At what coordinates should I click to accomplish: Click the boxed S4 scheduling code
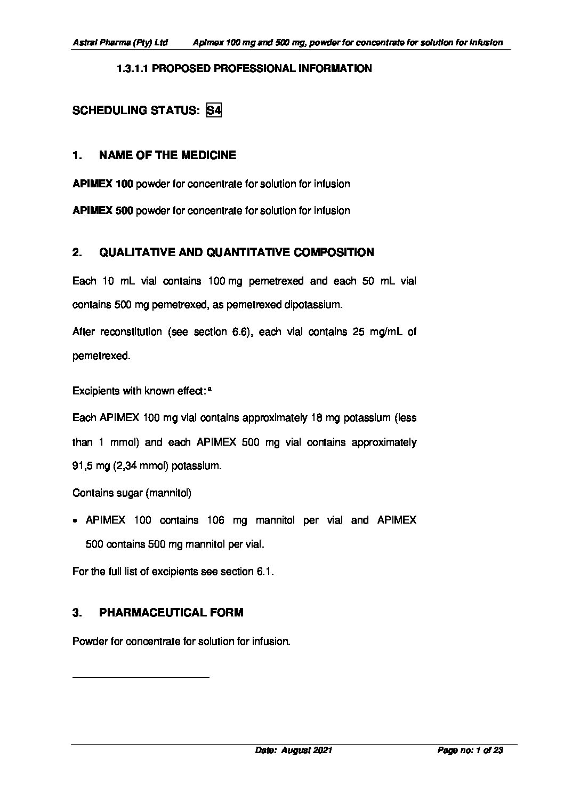(214, 110)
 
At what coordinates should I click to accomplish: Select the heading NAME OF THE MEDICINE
(167, 155)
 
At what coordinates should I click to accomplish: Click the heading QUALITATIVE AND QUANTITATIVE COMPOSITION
(236, 252)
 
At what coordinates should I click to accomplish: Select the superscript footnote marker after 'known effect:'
(210, 390)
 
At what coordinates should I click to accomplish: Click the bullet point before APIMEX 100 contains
(76, 521)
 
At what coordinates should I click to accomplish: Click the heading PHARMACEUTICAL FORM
(171, 613)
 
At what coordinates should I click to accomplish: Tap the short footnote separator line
(141, 677)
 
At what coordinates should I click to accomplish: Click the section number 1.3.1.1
(133, 69)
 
